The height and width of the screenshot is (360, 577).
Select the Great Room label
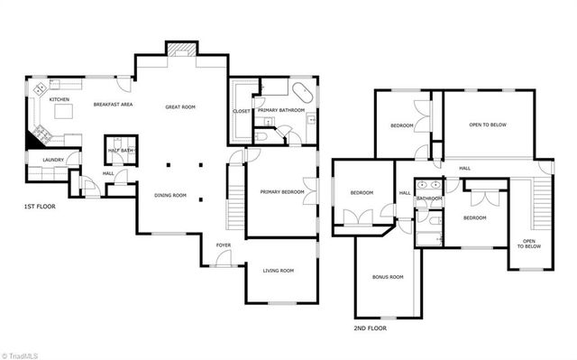pyautogui.click(x=180, y=107)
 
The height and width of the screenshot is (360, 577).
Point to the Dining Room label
pyautogui.click(x=170, y=195)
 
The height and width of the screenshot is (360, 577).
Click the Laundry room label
pyautogui.click(x=52, y=162)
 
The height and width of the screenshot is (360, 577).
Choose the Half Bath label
pyautogui.click(x=120, y=151)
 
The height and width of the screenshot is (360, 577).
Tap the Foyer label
pyautogui.click(x=223, y=245)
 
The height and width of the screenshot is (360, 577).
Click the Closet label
pyautogui.click(x=241, y=111)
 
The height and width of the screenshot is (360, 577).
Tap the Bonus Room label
pyautogui.click(x=388, y=276)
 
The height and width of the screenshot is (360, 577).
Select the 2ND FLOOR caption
pyautogui.click(x=371, y=328)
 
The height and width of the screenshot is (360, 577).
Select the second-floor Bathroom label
pyautogui.click(x=429, y=198)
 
